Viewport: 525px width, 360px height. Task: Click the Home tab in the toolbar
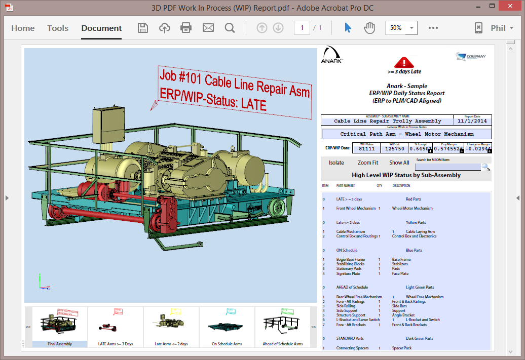tap(23, 28)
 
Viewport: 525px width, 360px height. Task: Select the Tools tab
tap(58, 28)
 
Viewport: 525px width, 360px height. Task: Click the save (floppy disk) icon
tap(143, 28)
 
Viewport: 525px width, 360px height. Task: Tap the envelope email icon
tap(208, 28)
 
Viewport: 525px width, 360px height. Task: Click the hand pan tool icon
tap(369, 28)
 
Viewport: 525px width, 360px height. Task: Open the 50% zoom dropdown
tap(411, 28)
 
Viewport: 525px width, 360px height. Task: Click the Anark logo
tap(331, 55)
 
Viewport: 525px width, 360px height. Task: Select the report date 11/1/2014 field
tap(471, 121)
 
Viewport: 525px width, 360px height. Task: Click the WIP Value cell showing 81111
tap(367, 149)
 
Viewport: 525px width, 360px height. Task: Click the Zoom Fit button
tap(367, 163)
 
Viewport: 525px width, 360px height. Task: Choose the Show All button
tap(399, 163)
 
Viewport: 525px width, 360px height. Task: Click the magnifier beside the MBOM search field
tap(485, 167)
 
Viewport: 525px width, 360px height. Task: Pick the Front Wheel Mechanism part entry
tap(356, 208)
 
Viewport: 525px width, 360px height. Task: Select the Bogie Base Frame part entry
tap(350, 259)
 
